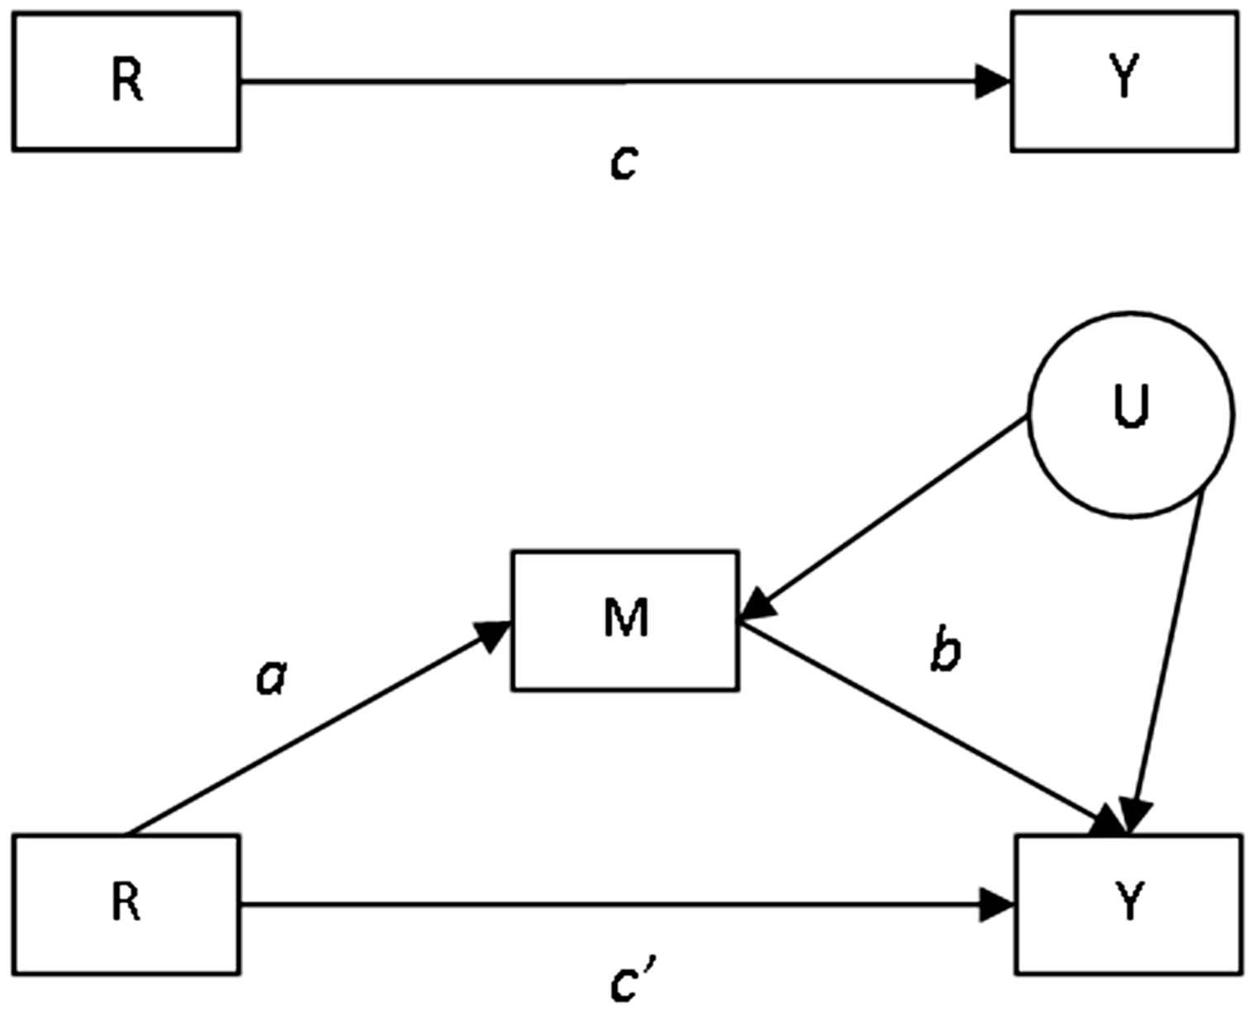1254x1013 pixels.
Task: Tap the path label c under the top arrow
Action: [x=624, y=163]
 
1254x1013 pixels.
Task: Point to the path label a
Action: [x=272, y=679]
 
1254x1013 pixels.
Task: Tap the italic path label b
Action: [x=946, y=648]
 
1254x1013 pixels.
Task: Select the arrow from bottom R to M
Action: [x=318, y=728]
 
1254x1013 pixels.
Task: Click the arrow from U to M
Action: [x=884, y=517]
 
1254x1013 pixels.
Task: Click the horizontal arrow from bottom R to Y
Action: [x=628, y=905]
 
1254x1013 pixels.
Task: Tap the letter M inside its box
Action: [x=626, y=617]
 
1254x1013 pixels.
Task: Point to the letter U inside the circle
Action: [x=1131, y=405]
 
